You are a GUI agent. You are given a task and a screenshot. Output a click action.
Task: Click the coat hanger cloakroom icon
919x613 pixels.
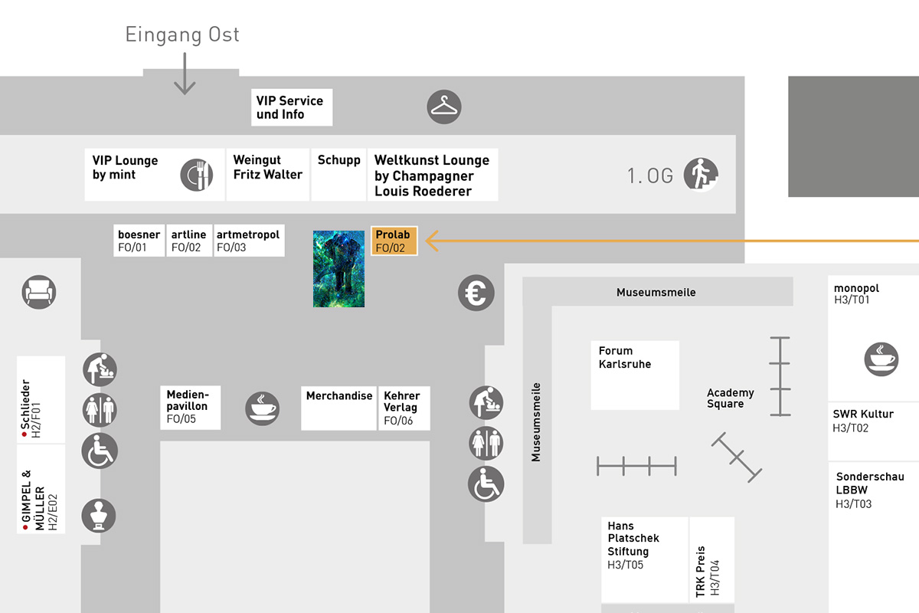pos(444,107)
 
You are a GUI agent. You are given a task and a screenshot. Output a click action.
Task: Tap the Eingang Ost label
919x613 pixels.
pos(182,35)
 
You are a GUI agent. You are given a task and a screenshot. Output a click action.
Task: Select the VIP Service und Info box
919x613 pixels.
pos(292,107)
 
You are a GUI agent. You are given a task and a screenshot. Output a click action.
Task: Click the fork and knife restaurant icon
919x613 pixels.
pos(197,175)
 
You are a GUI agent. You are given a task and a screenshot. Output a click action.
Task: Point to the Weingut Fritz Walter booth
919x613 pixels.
pos(267,175)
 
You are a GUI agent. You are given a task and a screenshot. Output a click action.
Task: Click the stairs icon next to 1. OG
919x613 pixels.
pos(701,174)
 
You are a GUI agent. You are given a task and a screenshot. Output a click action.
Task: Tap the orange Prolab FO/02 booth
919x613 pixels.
pos(394,241)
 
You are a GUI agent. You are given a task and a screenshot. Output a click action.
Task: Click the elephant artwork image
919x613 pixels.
pos(338,268)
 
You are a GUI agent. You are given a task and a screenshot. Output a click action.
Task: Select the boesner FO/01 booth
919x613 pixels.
pos(139,241)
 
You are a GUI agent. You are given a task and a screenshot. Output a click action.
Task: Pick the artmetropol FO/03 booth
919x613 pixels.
pos(249,241)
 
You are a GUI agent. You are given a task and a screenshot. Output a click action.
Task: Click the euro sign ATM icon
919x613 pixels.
pos(476,293)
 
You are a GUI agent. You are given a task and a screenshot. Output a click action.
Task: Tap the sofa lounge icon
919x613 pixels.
pos(39,292)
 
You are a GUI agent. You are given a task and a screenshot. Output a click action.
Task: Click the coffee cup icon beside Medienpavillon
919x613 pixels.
pos(262,408)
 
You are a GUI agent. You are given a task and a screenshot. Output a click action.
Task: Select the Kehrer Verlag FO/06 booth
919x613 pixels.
pos(404,408)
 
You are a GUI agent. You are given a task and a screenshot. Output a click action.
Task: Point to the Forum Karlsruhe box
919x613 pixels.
pos(635,375)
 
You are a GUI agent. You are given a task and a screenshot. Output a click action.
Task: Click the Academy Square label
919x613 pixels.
pos(731,398)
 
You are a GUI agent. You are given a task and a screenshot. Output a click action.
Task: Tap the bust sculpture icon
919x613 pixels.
pos(99,515)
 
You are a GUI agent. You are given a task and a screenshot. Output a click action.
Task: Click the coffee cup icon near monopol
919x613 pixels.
pos(881,359)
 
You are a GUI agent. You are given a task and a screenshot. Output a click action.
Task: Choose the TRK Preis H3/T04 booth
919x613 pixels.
pos(711,560)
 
